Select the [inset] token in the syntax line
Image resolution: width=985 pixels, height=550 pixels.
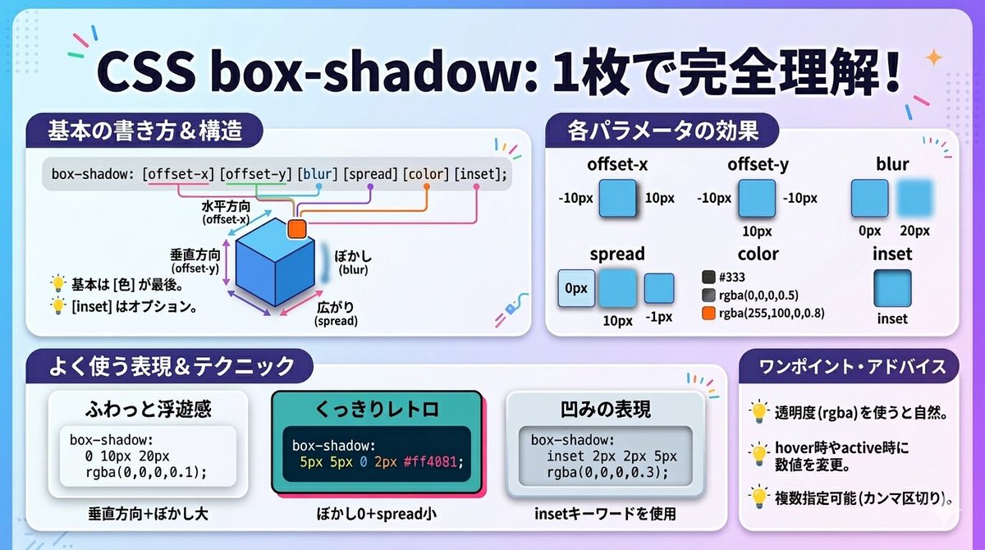[x=480, y=174]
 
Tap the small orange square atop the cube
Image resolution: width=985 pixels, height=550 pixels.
[x=296, y=228]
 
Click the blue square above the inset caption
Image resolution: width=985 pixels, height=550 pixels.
[x=892, y=288]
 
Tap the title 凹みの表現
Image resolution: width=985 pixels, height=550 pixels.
[x=604, y=408]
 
